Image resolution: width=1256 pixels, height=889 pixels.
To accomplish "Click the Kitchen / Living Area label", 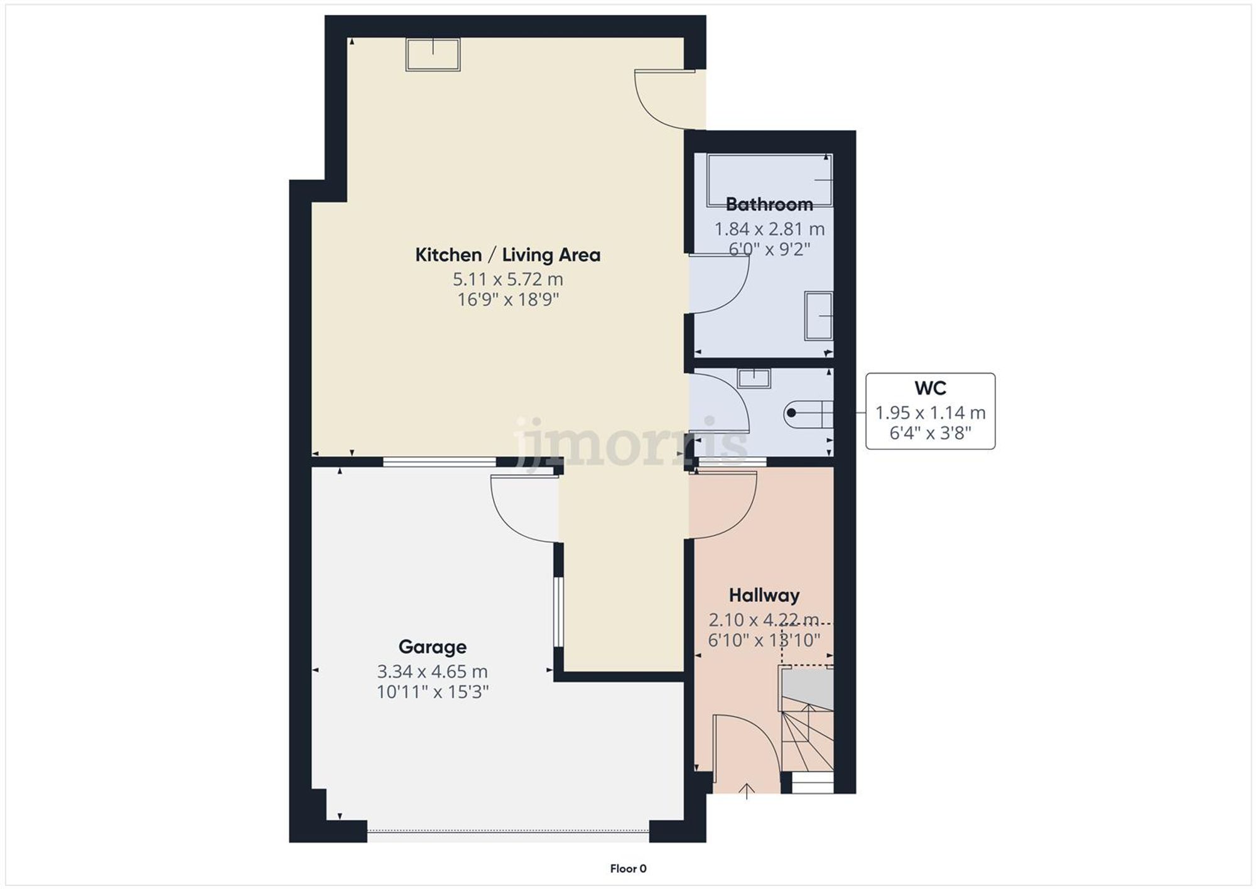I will click(507, 254).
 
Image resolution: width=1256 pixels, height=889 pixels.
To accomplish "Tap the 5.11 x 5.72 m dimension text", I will click(507, 279).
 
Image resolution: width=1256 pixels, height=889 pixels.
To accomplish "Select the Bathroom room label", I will click(769, 204).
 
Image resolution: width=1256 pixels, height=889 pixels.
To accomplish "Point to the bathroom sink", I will click(818, 315).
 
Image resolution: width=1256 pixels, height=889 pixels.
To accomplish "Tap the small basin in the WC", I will click(754, 378).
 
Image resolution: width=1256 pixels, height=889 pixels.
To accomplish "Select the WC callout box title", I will click(930, 388).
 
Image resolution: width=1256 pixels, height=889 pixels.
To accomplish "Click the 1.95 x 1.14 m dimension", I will click(930, 413).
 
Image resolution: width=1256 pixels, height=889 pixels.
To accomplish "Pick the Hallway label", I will click(764, 595).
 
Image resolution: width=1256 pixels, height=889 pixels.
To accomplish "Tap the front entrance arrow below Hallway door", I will click(746, 791).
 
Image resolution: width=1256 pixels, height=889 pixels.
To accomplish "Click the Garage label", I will click(432, 646).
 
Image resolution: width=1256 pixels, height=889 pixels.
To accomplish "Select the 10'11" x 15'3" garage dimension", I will click(432, 692).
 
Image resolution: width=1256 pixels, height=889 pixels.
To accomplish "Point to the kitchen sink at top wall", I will click(433, 54).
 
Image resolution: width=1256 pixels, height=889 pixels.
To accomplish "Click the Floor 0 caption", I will click(628, 868).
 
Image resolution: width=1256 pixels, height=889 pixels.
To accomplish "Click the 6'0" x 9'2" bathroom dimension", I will click(769, 249).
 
